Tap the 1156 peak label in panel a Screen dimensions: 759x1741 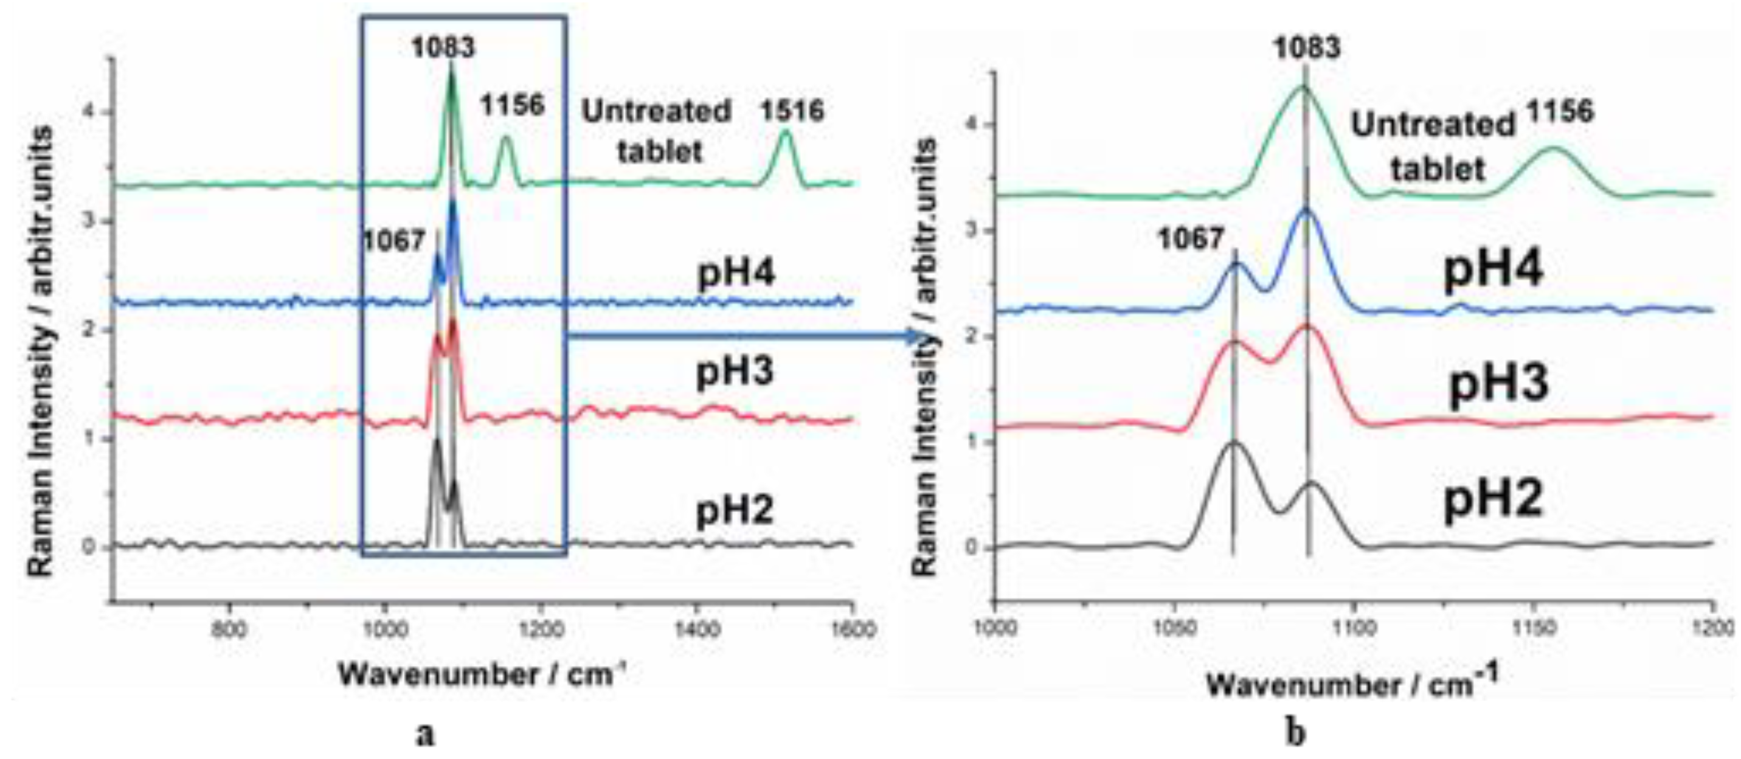point(512,105)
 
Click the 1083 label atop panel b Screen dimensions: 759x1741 point(1306,47)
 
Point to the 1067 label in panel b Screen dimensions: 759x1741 point(1191,238)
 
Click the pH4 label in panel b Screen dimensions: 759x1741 point(1493,269)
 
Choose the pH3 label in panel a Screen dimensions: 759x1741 point(735,371)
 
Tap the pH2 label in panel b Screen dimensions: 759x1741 point(1493,500)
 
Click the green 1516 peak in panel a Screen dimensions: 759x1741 point(785,133)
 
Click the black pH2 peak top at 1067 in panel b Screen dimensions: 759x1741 point(1234,443)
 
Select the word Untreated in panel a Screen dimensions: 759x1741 point(656,111)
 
